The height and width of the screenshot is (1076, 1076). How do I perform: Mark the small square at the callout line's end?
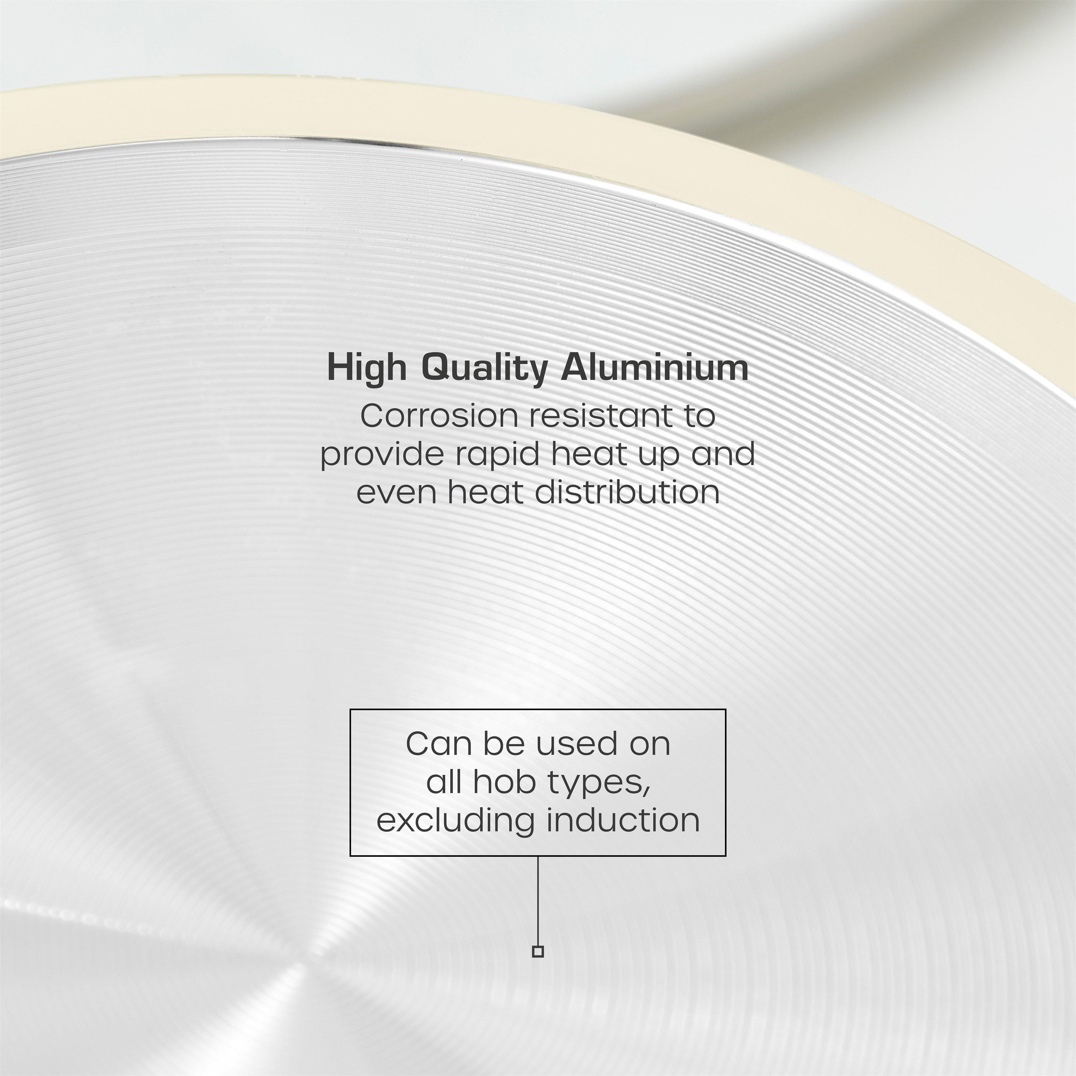coord(537,951)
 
